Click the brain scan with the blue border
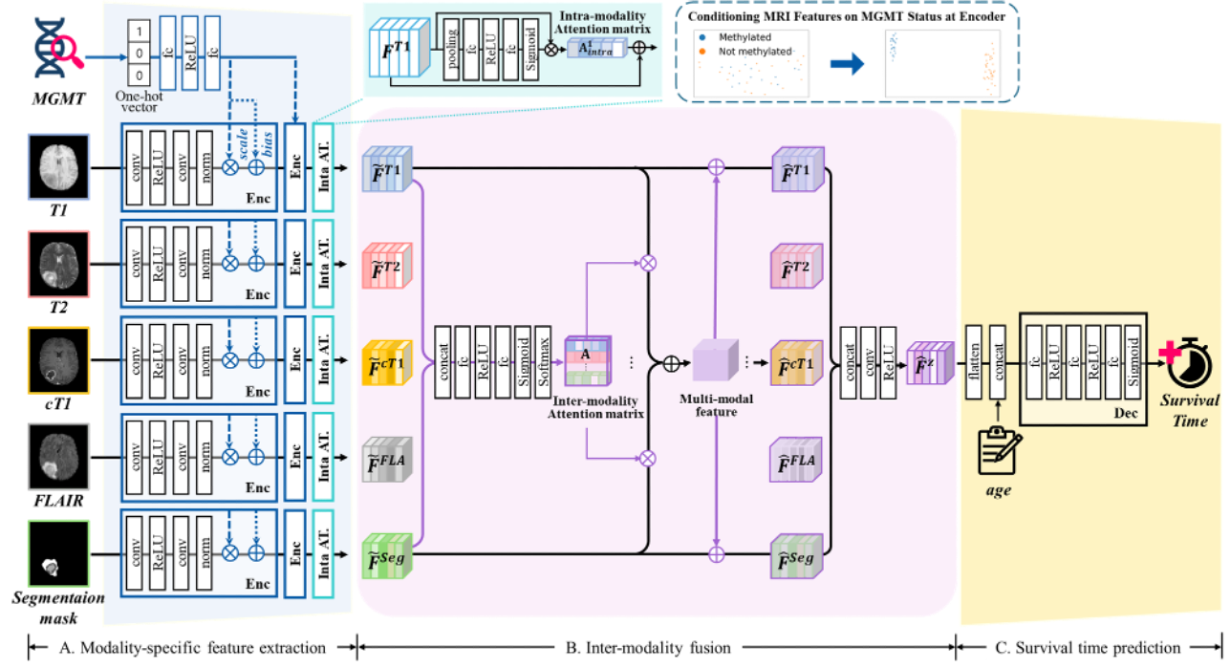pos(58,166)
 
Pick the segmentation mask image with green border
pos(58,553)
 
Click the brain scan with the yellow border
pos(58,360)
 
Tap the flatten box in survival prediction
pos(975,362)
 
